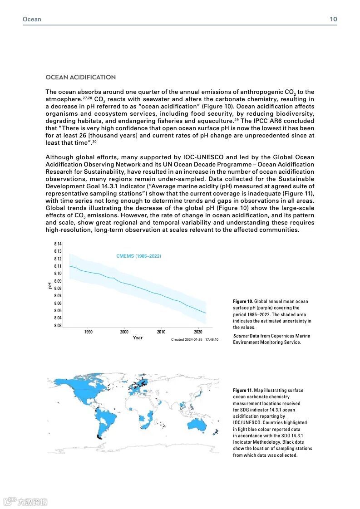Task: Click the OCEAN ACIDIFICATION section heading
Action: [80, 77]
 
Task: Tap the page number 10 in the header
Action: [333, 19]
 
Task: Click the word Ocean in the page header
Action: [32, 19]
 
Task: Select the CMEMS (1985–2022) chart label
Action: [138, 256]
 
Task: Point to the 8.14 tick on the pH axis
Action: [58, 244]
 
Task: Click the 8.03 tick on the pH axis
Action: [58, 325]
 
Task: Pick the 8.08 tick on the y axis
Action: [58, 288]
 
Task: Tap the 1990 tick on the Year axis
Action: [89, 332]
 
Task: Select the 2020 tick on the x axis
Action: [198, 332]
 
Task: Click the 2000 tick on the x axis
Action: [124, 332]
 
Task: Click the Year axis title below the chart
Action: [138, 338]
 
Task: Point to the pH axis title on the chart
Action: [50, 285]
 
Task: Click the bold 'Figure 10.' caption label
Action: [243, 301]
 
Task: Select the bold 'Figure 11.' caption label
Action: [243, 390]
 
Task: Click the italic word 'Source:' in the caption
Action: [241, 336]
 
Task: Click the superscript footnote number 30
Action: [94, 142]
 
